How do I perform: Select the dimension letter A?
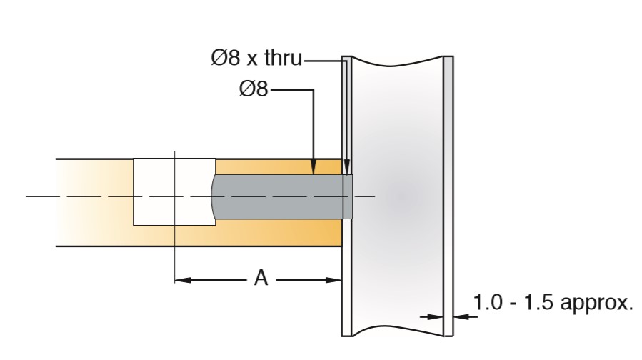(x=261, y=279)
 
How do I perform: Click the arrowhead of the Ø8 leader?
(x=313, y=170)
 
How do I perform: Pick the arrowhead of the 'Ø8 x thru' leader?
(x=346, y=170)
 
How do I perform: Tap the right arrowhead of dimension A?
(x=334, y=280)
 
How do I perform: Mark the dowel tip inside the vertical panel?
(x=348, y=196)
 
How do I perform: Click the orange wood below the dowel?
(x=286, y=233)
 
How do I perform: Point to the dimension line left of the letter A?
(x=214, y=280)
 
